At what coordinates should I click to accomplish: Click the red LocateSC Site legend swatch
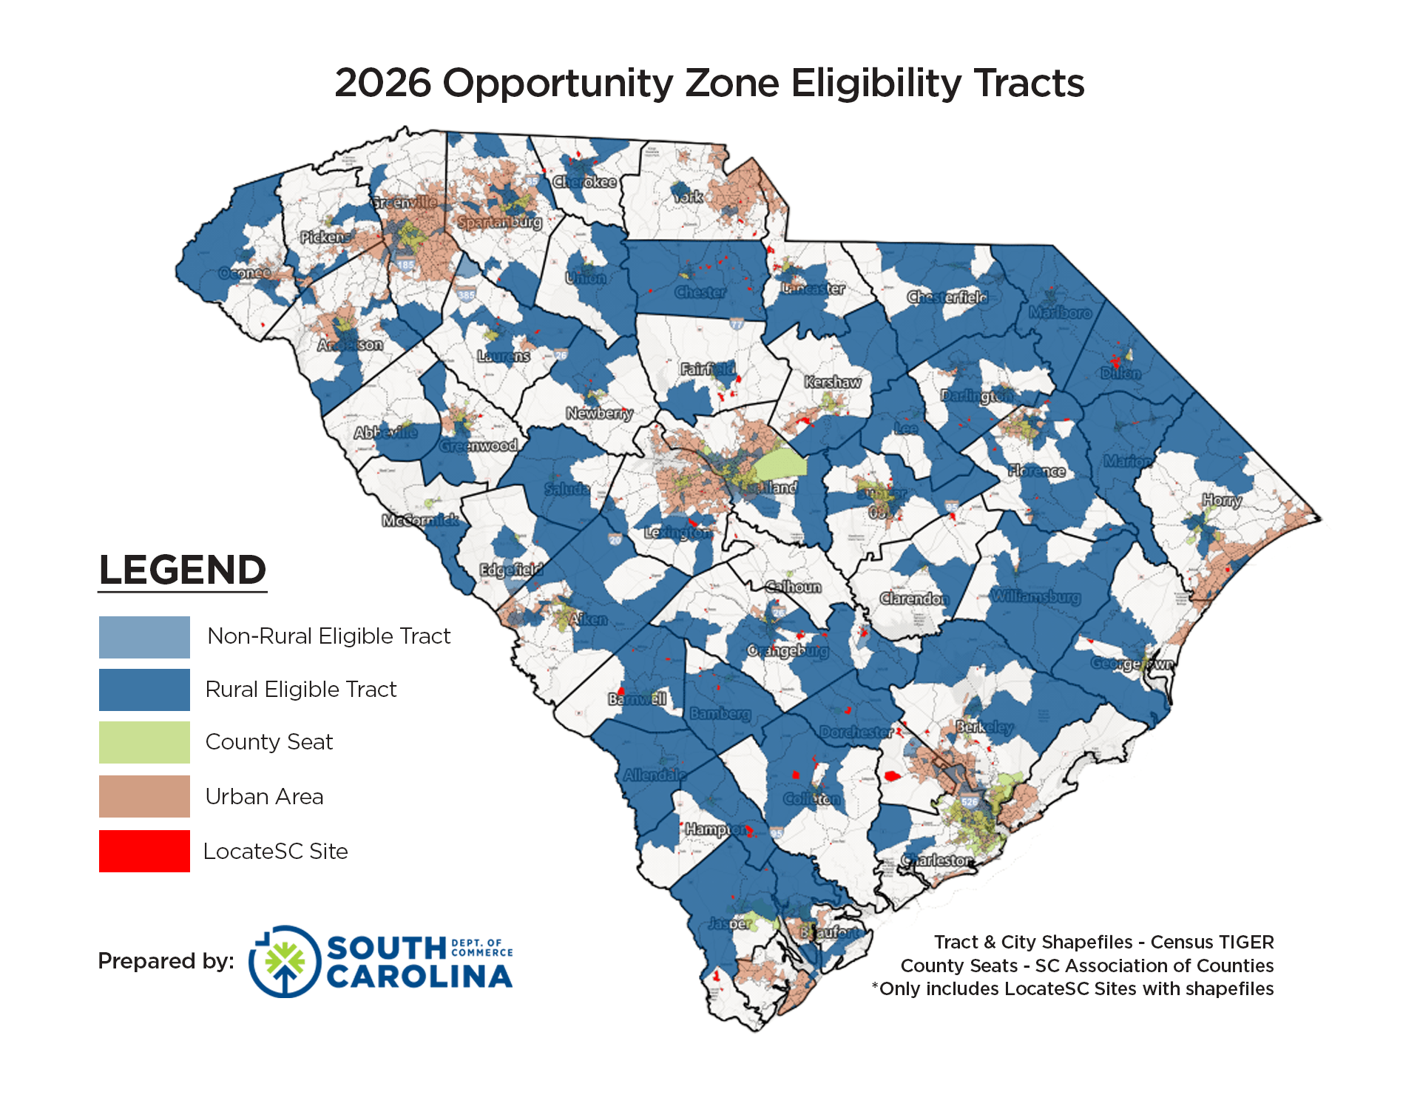click(x=144, y=851)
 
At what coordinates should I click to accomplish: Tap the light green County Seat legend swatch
click(x=144, y=742)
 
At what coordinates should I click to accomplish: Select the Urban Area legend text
click(x=264, y=797)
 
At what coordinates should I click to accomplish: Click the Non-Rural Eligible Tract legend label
click(x=328, y=636)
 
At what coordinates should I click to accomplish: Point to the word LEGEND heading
click(x=182, y=570)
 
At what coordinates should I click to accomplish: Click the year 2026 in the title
click(x=382, y=83)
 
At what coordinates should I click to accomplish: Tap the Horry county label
click(x=1222, y=501)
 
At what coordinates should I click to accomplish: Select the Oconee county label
click(x=245, y=273)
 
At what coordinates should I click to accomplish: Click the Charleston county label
click(x=937, y=860)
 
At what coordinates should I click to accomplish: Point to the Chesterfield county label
click(x=947, y=297)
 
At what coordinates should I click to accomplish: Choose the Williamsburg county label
click(x=1035, y=596)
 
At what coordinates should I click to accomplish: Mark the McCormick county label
click(x=419, y=520)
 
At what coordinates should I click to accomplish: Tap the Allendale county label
click(x=655, y=775)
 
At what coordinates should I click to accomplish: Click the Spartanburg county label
click(x=500, y=222)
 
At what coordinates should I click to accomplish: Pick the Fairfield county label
click(x=708, y=368)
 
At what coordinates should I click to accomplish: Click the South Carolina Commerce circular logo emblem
click(x=285, y=961)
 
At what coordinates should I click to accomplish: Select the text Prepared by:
click(x=166, y=961)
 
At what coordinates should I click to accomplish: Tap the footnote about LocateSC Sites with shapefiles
click(x=1072, y=989)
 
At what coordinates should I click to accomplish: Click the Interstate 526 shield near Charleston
click(x=970, y=801)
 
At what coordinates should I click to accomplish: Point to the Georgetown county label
click(x=1132, y=664)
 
